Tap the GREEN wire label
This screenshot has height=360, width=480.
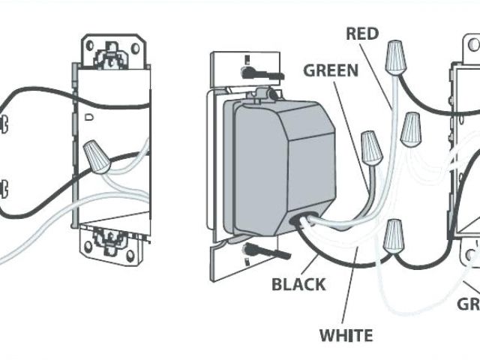coord(331,71)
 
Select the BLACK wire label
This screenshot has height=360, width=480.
coord(298,284)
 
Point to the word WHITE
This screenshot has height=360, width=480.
coord(346,334)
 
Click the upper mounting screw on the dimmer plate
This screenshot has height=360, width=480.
coord(250,72)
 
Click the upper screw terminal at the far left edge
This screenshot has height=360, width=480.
coord(4,122)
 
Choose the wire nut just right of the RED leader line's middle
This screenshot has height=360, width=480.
coord(409,129)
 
